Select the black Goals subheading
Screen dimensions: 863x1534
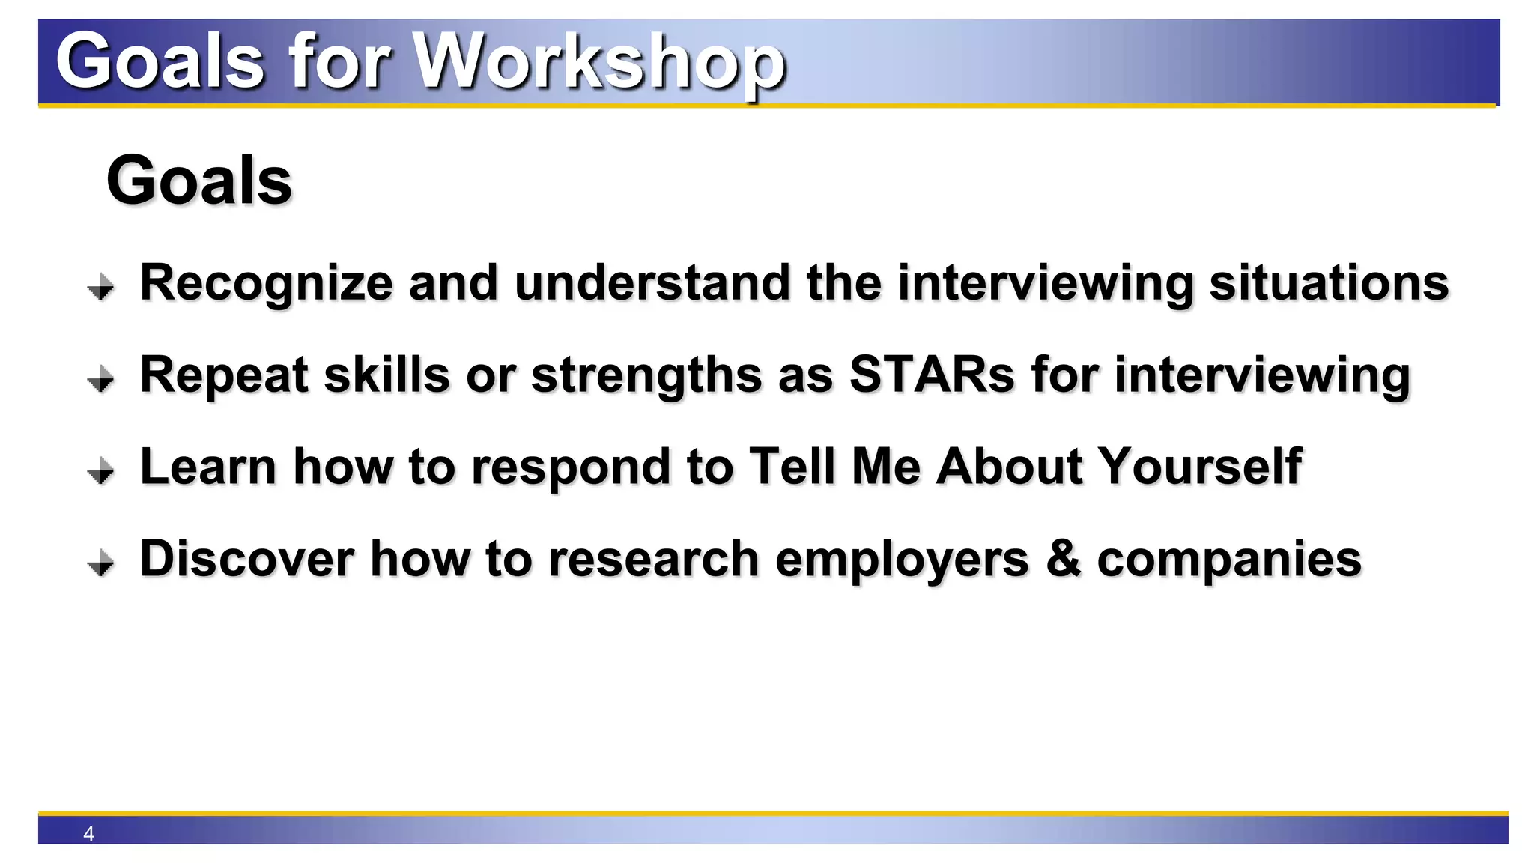tap(199, 181)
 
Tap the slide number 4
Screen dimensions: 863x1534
tap(88, 833)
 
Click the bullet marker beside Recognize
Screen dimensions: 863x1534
tap(100, 287)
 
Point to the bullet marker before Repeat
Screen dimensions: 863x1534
tap(100, 379)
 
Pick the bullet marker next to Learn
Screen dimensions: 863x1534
tap(100, 471)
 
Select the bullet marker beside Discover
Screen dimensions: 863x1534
tap(100, 563)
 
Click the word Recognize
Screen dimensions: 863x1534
tap(266, 284)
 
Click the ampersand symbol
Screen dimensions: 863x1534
tap(1064, 559)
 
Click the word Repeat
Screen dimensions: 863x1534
tap(224, 376)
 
